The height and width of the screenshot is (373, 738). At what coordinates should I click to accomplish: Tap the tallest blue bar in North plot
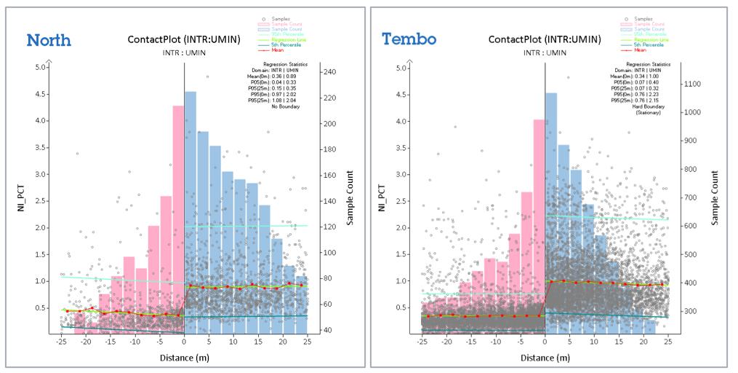pos(190,211)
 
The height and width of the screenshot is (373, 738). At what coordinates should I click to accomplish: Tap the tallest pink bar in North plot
pos(178,219)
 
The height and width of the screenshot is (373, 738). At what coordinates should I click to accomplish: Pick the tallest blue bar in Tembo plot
pos(551,211)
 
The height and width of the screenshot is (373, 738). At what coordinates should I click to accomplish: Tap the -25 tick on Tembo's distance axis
pos(421,342)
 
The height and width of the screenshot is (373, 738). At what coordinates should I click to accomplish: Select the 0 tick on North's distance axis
pos(184,342)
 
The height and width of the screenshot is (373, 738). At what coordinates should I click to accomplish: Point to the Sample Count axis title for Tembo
pos(717,197)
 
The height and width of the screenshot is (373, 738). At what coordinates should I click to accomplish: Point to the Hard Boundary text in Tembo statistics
pos(646,106)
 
